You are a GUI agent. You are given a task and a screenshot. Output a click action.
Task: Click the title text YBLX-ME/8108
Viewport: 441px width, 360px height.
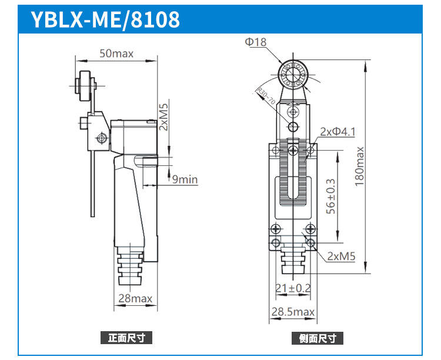(105, 19)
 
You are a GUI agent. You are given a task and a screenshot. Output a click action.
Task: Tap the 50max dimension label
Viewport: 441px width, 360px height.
(116, 54)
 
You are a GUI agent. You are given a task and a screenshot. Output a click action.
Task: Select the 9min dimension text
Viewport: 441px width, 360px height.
(184, 179)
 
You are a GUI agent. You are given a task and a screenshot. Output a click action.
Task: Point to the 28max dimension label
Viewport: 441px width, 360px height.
(135, 298)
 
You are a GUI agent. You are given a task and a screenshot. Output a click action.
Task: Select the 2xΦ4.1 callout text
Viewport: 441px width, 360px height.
(338, 132)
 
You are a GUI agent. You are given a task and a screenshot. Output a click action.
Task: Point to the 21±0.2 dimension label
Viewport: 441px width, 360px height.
(292, 288)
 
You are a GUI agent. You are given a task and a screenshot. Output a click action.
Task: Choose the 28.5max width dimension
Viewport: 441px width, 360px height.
(292, 312)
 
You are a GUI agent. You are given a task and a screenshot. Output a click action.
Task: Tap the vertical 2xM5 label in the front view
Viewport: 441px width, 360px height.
(163, 117)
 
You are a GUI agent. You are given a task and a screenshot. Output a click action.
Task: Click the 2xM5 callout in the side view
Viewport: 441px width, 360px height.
(341, 256)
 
